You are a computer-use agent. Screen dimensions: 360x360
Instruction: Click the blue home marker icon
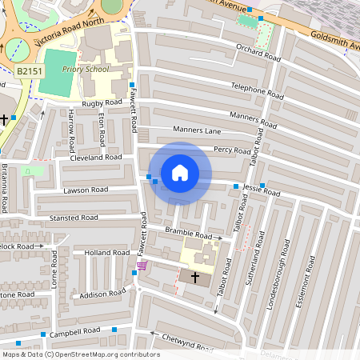pyautogui.click(x=180, y=173)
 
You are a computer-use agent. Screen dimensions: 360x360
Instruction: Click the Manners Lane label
pyautogui.click(x=195, y=129)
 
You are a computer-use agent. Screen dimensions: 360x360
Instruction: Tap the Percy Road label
pyautogui.click(x=233, y=150)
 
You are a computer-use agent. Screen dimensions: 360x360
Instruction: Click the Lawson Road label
pyautogui.click(x=85, y=190)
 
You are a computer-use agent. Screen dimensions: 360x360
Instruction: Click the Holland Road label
pyautogui.click(x=107, y=253)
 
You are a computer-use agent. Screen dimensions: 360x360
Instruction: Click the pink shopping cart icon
pyautogui.click(x=142, y=266)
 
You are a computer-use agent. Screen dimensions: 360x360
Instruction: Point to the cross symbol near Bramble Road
pyautogui.click(x=195, y=277)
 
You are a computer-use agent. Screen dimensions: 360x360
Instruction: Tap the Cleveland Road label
pyautogui.click(x=95, y=158)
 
